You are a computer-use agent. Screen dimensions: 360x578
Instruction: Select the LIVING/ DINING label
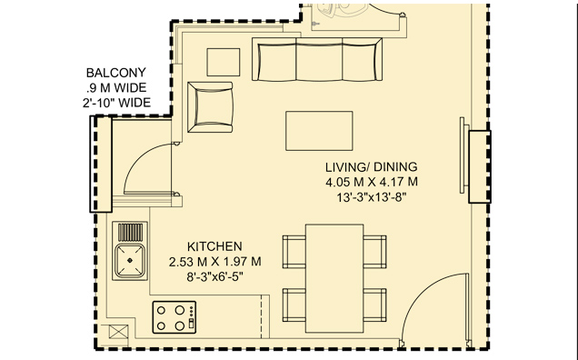pos(371,166)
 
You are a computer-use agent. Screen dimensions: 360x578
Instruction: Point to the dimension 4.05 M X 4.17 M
pos(371,182)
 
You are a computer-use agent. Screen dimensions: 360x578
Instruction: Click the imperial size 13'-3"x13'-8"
pos(371,197)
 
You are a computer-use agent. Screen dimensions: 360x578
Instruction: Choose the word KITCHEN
pos(214,246)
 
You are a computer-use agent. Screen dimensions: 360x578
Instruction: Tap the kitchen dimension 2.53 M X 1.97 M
pos(214,262)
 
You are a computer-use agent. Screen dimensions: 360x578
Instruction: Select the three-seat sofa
pos(318,62)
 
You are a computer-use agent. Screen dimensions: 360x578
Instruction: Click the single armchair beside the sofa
pos(210,106)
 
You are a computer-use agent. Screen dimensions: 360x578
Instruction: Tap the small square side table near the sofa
pos(224,61)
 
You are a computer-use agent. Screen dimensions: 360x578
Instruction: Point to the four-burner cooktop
pos(174,317)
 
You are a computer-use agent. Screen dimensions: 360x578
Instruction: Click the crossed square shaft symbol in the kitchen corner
pos(118,334)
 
